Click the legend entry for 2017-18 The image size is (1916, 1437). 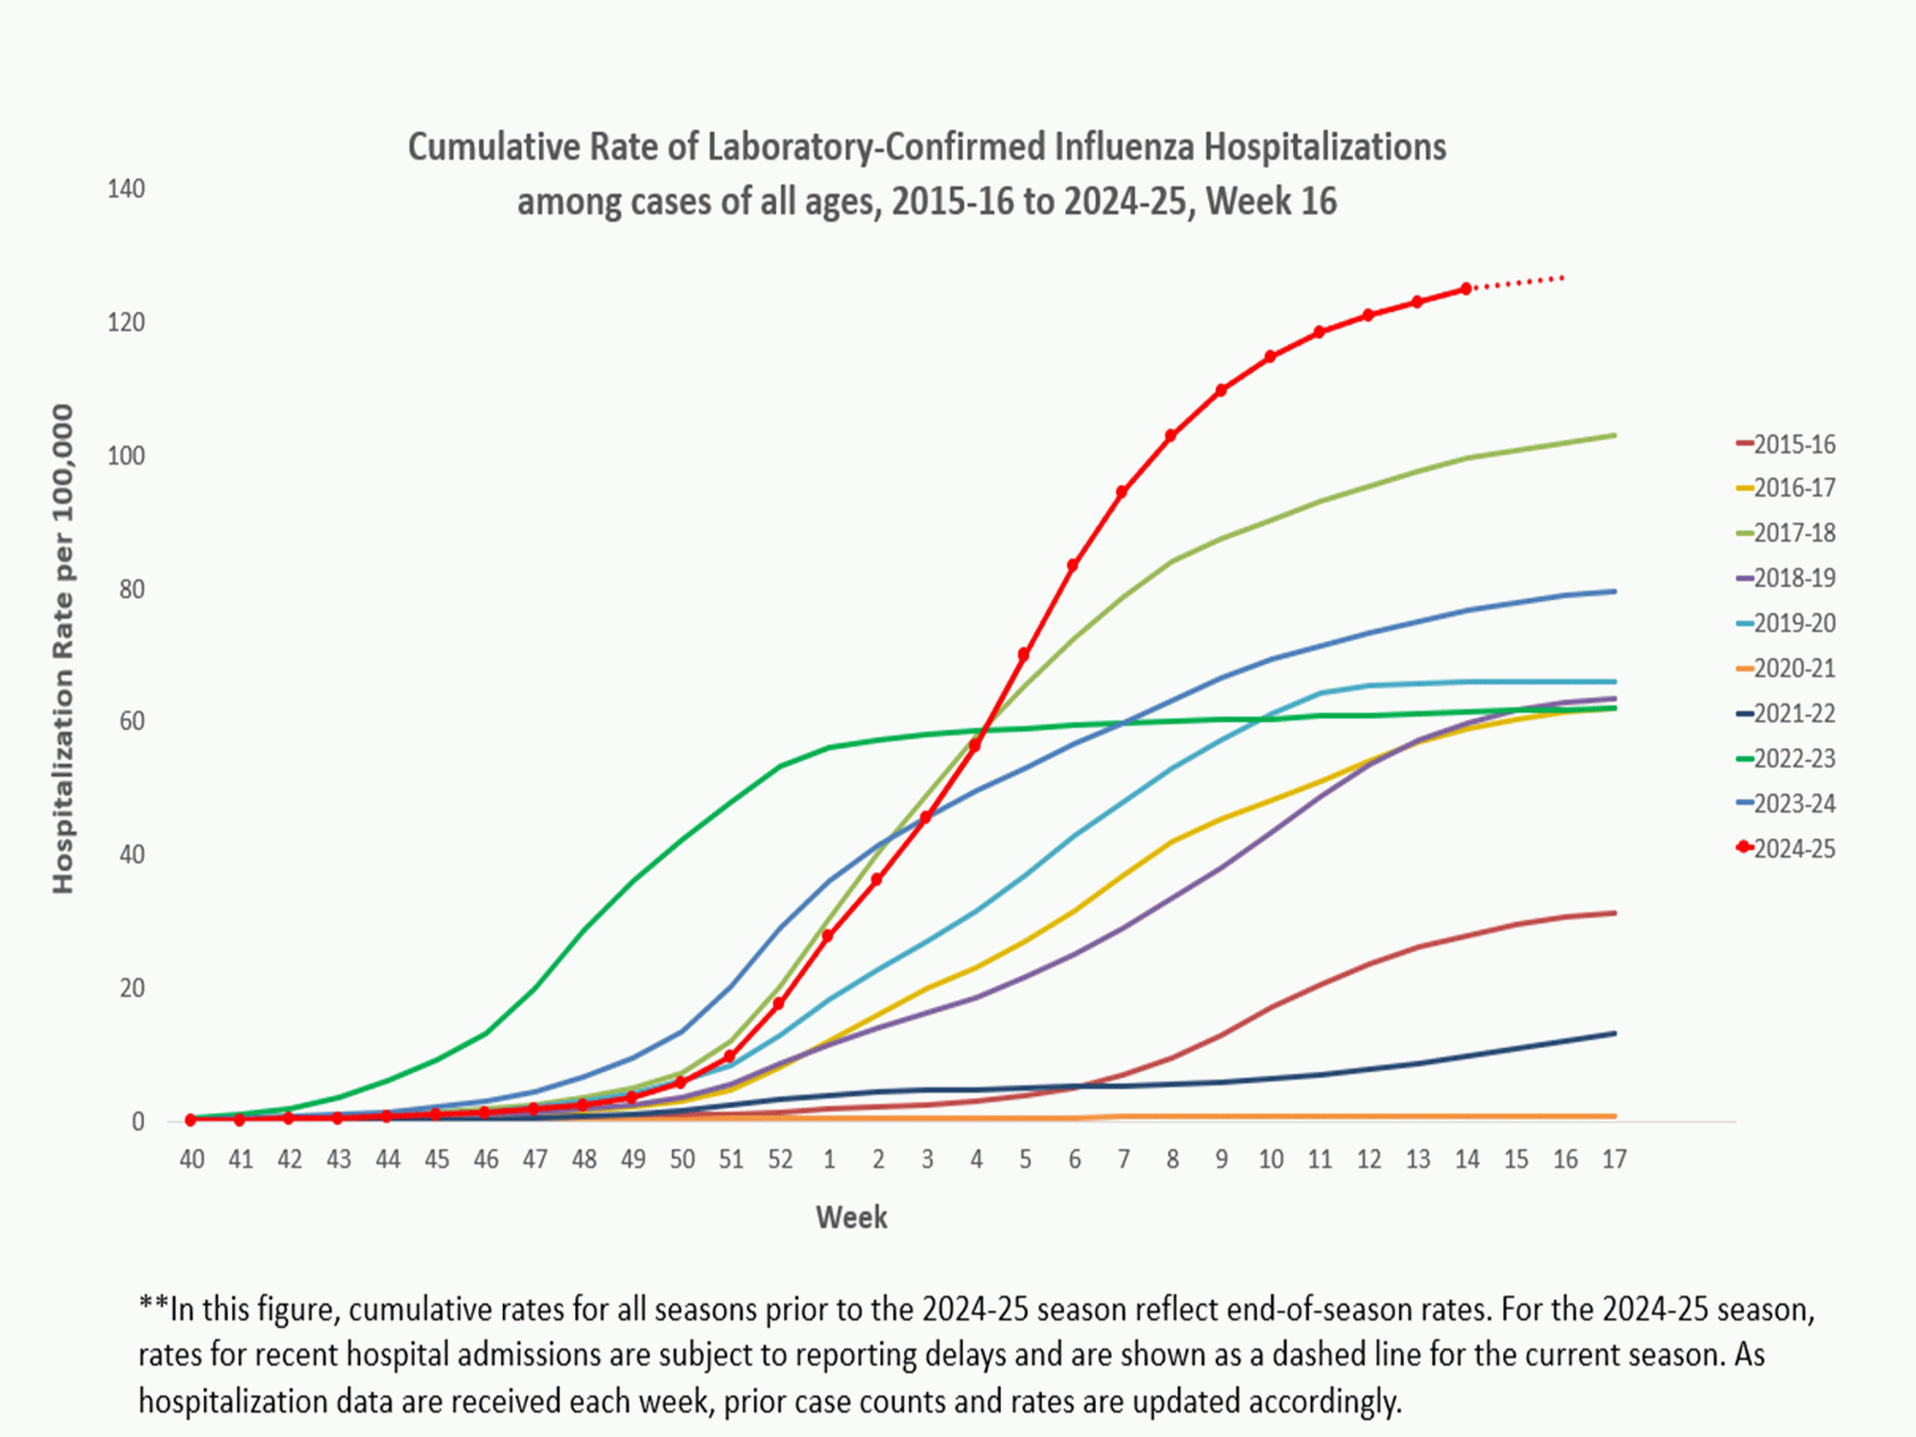(x=1793, y=533)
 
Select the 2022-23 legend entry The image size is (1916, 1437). (x=1793, y=759)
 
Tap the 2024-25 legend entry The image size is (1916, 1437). (x=1793, y=849)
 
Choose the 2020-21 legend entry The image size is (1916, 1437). (x=1793, y=668)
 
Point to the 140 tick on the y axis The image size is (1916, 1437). (x=126, y=189)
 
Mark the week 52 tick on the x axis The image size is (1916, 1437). (x=780, y=1159)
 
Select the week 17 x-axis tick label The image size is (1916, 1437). (x=1614, y=1159)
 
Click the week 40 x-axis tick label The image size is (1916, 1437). (x=192, y=1159)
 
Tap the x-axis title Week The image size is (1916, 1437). (x=850, y=1217)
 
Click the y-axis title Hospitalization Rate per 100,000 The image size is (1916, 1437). (x=63, y=650)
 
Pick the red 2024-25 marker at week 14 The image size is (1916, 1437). (x=1465, y=288)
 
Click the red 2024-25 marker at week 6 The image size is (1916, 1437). (x=1073, y=566)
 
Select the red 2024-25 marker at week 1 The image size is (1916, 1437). (x=827, y=936)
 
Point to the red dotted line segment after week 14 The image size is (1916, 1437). (x=1516, y=282)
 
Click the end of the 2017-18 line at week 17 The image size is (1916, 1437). (x=1614, y=435)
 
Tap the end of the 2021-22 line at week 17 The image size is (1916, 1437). (x=1614, y=1034)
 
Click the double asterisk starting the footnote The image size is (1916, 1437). (x=153, y=1308)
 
